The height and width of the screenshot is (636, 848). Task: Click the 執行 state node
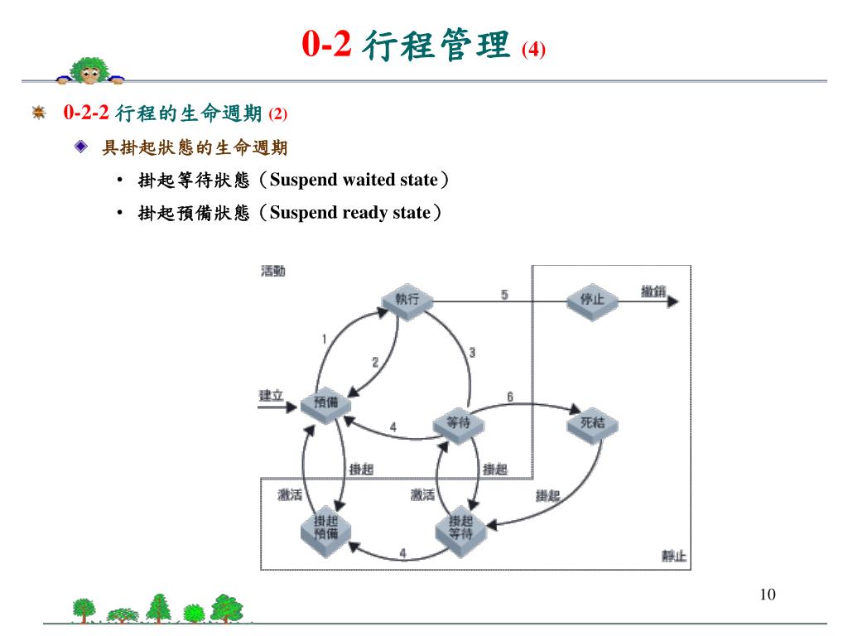coord(407,299)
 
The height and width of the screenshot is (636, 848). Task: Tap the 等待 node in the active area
coord(458,423)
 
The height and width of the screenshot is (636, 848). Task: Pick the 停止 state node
coord(592,300)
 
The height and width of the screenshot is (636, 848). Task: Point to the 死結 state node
coord(592,423)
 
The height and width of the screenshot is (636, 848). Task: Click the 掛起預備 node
coord(325,528)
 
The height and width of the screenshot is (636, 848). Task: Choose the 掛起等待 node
coord(460,528)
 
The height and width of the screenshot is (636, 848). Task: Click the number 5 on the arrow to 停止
coord(504,294)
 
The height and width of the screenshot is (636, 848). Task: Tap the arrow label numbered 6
coord(510,397)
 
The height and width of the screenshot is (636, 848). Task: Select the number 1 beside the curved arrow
coord(324,338)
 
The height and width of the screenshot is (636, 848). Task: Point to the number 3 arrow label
coord(472,353)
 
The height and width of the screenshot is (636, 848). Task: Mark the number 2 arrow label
coord(375,362)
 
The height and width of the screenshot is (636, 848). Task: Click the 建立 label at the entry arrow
coord(272,395)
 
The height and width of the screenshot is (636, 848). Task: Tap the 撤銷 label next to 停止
coord(653,291)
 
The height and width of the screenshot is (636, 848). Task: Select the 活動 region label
coord(273,272)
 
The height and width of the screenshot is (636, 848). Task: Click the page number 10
coord(766,595)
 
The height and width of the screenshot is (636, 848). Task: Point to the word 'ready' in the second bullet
coord(364,213)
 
